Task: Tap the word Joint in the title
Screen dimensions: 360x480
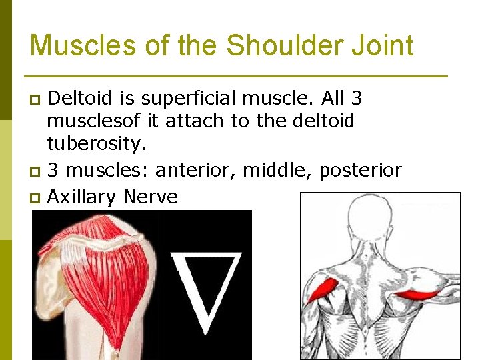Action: click(387, 45)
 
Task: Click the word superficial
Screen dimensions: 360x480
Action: click(178, 98)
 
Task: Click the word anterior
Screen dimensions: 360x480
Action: click(197, 171)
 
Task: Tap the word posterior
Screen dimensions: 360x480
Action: click(361, 171)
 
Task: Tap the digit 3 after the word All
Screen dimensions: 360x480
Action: click(356, 98)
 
